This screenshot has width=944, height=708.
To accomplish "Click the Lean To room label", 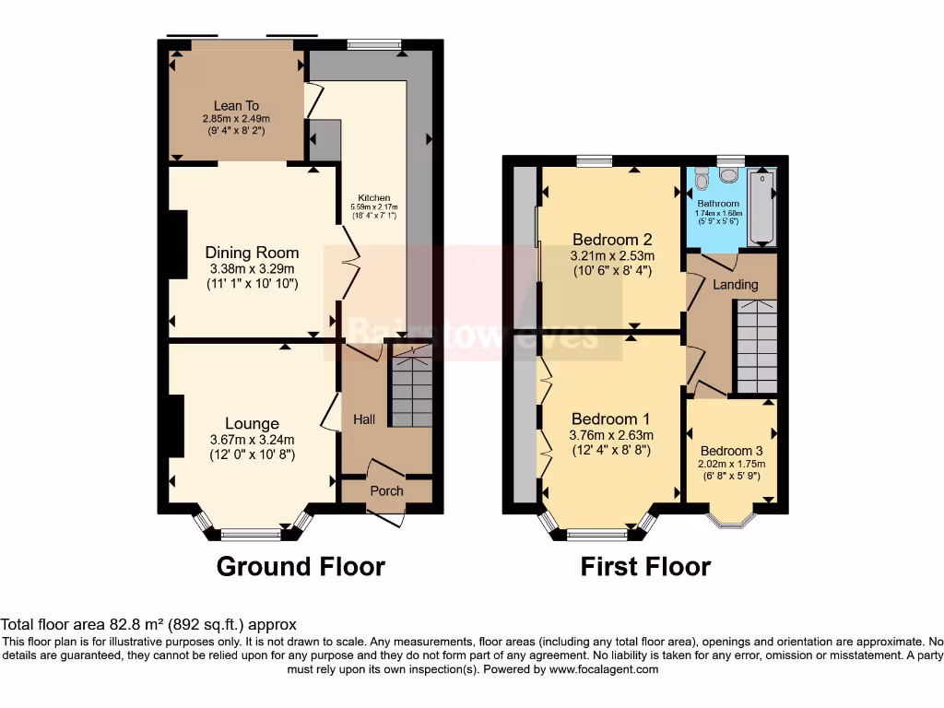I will click(x=237, y=106).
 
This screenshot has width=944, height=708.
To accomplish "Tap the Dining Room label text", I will click(x=252, y=253).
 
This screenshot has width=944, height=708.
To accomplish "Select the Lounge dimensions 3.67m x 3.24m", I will click(x=252, y=440).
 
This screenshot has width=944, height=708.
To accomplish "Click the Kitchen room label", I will click(x=374, y=198).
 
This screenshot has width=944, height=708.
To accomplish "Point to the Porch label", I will click(x=386, y=490).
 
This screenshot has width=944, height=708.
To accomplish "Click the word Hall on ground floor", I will click(x=364, y=419).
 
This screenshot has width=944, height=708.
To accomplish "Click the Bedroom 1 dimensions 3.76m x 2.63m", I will click(x=612, y=435).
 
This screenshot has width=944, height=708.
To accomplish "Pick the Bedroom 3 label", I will click(x=732, y=450).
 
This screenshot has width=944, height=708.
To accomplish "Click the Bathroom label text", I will click(x=718, y=204).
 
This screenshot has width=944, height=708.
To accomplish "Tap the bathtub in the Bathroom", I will click(x=761, y=208).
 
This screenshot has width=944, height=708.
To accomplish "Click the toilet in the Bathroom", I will click(x=702, y=177).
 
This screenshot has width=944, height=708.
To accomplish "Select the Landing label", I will click(x=736, y=284).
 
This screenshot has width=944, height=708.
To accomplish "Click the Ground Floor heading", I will click(x=301, y=565).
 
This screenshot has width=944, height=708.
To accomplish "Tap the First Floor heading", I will click(x=645, y=565).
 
